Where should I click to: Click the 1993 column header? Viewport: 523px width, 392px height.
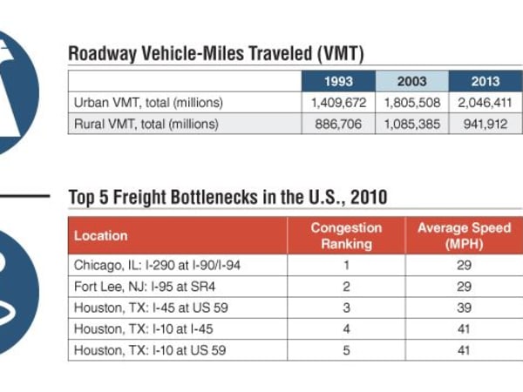[337, 82]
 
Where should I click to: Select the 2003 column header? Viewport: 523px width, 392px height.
[411, 82]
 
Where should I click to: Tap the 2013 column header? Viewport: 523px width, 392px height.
[485, 82]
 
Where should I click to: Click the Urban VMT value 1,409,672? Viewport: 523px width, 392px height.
[337, 103]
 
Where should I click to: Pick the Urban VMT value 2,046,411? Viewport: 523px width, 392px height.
[485, 103]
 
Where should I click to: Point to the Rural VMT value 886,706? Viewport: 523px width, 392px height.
[337, 124]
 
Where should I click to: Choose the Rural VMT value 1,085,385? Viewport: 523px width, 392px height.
[411, 124]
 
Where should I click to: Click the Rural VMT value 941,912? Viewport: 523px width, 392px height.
[485, 124]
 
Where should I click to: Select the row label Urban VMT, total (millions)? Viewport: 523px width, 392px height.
[146, 103]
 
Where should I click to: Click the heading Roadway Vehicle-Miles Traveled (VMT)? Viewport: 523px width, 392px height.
[216, 54]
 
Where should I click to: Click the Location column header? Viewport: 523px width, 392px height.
[100, 235]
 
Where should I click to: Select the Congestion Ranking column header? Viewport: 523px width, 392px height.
[346, 235]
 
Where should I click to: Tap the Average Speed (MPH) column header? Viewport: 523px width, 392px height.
[464, 235]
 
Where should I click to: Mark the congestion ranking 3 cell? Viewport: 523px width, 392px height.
[346, 308]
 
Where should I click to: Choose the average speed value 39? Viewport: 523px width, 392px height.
[464, 308]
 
